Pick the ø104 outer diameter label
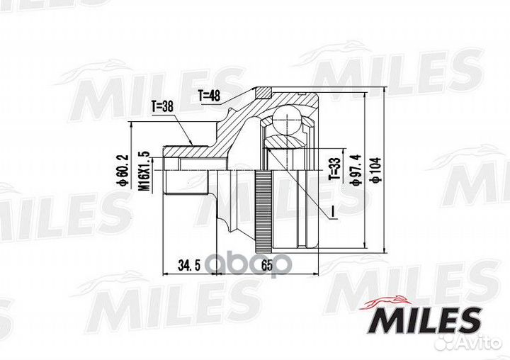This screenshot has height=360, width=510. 375,170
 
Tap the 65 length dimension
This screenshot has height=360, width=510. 267,266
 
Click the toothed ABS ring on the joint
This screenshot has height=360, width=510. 263,208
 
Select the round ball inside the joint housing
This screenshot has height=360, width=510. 289,120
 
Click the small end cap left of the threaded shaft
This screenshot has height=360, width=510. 167,170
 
